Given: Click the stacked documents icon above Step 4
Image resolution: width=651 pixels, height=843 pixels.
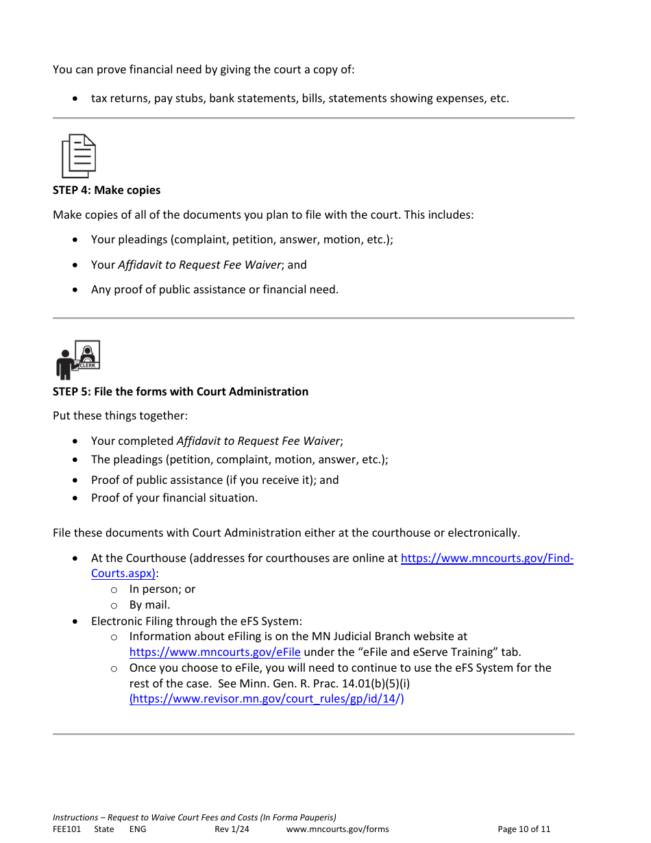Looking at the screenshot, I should coord(79,156).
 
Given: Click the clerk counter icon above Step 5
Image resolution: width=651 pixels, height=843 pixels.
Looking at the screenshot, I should coord(78,360).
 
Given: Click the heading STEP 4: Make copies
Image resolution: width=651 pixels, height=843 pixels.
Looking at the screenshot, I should coord(106,190).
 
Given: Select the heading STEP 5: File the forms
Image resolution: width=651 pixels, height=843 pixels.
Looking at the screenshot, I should coord(180,391).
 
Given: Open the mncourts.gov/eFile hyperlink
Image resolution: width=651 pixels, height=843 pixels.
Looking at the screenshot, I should coord(214,652).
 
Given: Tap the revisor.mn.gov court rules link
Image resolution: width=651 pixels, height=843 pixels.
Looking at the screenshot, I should coord(267,699).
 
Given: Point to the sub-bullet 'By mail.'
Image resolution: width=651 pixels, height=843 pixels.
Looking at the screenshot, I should coord(149,604).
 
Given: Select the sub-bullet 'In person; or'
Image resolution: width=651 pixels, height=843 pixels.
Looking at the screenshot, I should coord(162,589).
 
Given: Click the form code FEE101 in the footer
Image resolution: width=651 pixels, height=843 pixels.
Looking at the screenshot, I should coord(66,829).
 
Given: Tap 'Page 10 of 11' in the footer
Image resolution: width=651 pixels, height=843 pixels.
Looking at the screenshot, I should coord(524,829).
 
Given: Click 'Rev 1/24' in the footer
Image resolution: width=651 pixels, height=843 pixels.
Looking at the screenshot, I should coord(232,829).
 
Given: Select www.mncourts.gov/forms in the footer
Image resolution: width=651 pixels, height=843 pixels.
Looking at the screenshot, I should coord(337,829).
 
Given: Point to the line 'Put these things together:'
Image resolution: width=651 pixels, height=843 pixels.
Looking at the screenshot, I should coord(120,416).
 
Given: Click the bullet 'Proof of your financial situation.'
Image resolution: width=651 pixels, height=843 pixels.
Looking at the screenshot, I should coord(174,498).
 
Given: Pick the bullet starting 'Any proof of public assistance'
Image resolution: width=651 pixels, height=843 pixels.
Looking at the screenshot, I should coord(214,289).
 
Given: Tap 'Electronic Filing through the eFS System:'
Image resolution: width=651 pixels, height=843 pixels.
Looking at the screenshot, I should coord(196,621).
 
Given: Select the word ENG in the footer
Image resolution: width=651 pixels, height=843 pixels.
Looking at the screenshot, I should coord(137,829).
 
